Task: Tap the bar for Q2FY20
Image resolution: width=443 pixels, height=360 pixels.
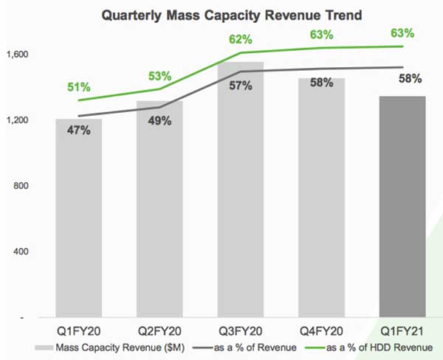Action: pos(159,214)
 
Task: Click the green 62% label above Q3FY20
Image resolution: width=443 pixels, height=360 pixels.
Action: pos(240,39)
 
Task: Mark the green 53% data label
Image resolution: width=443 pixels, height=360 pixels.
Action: pos(159,76)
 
